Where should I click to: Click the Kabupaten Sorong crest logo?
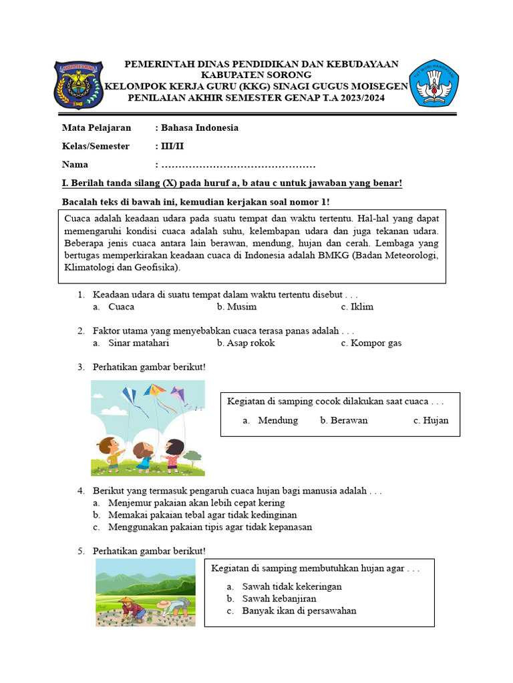pyautogui.click(x=78, y=85)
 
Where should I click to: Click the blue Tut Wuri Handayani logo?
pyautogui.click(x=434, y=82)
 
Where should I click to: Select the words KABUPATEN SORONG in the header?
pyautogui.click(x=256, y=75)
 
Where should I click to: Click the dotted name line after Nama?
pyautogui.click(x=238, y=165)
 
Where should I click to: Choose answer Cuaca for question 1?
pyautogui.click(x=121, y=307)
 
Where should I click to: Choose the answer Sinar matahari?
pyautogui.click(x=138, y=343)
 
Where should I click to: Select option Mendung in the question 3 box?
pyautogui.click(x=278, y=420)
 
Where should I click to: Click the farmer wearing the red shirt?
pyautogui.click(x=130, y=608)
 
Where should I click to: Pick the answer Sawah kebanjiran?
pyautogui.click(x=279, y=598)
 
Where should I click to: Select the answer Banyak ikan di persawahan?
pyautogui.click(x=299, y=610)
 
